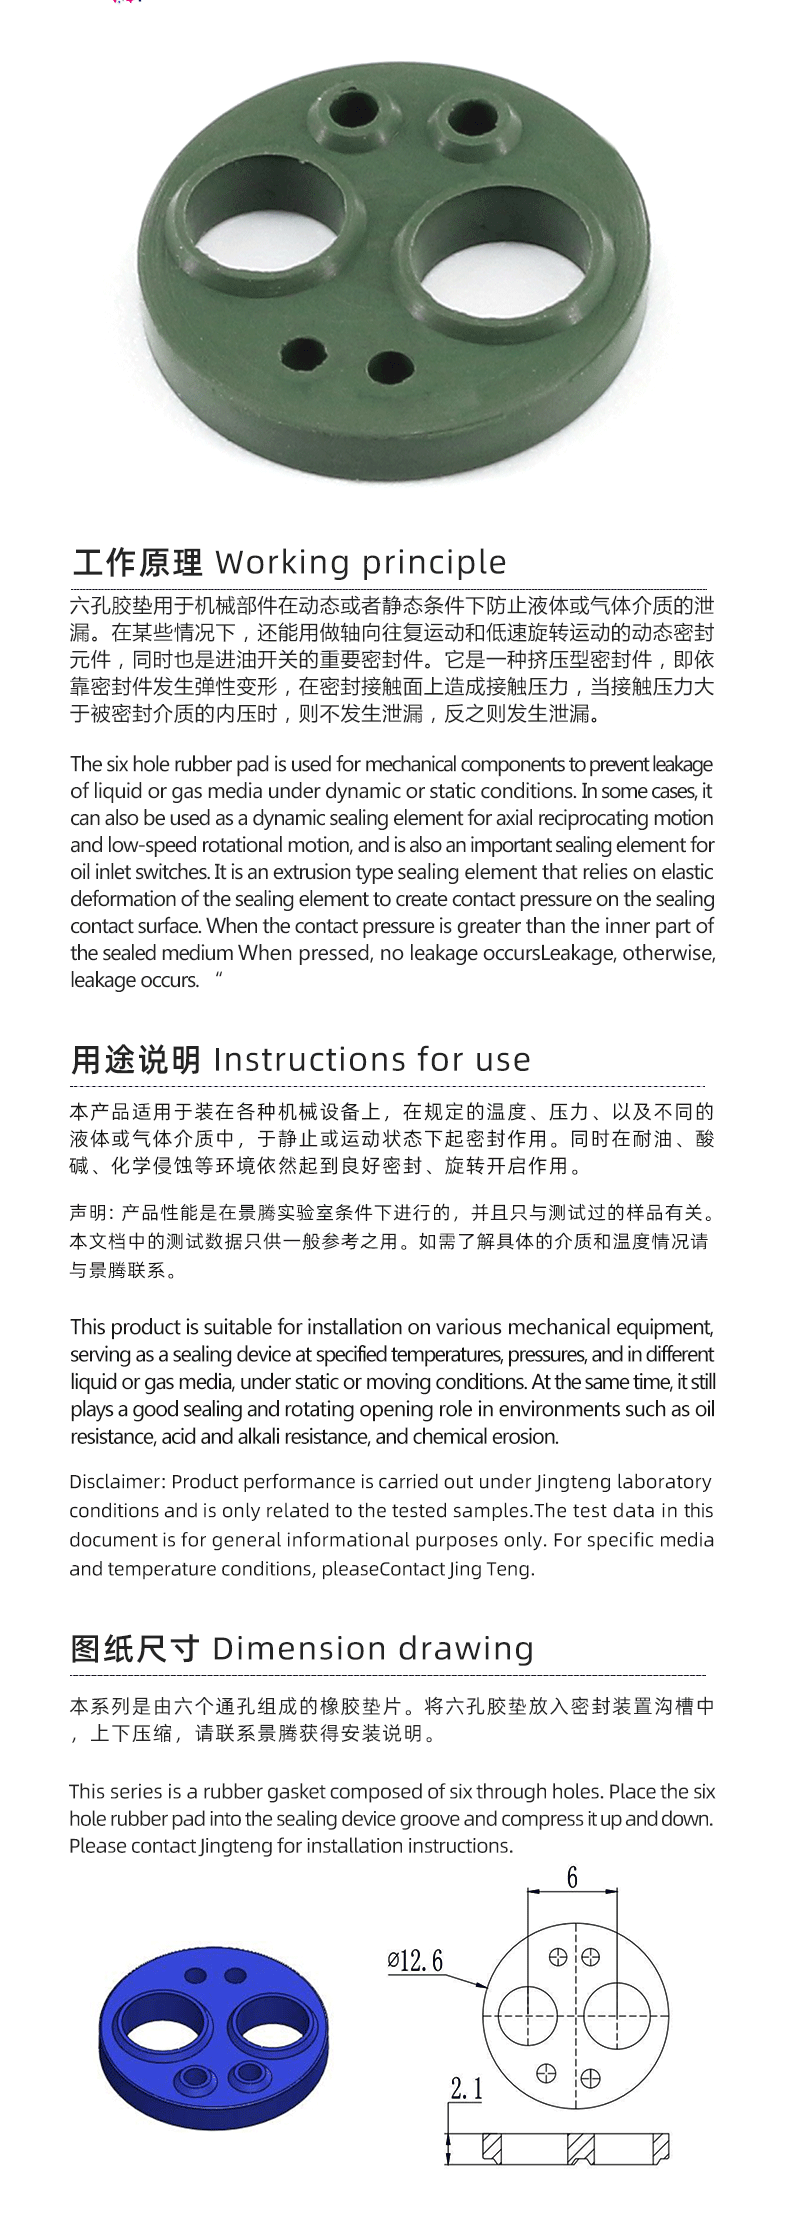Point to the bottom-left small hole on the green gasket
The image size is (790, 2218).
point(303,355)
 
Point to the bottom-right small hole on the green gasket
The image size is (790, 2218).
point(390,367)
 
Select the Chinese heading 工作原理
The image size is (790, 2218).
point(138,563)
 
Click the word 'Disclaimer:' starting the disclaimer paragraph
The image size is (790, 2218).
point(116,1481)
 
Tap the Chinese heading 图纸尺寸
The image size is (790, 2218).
point(135,1648)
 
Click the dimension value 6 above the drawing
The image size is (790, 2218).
point(572,1877)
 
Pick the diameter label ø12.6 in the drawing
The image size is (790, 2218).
point(415,1961)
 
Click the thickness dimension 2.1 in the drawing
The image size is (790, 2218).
point(466,2088)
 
